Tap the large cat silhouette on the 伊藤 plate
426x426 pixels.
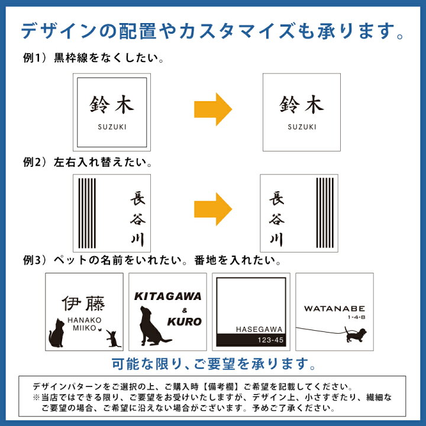click(57, 334)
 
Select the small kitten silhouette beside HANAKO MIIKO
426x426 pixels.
click(111, 339)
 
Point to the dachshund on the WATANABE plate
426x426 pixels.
click(356, 336)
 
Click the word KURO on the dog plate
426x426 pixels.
click(184, 322)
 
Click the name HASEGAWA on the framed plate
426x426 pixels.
click(260, 329)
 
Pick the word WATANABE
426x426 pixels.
click(334, 308)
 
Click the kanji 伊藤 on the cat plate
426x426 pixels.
click(83, 305)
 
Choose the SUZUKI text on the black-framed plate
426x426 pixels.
click(112, 127)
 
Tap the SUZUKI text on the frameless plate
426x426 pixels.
click(302, 127)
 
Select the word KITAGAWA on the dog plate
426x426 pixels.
click(167, 297)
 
